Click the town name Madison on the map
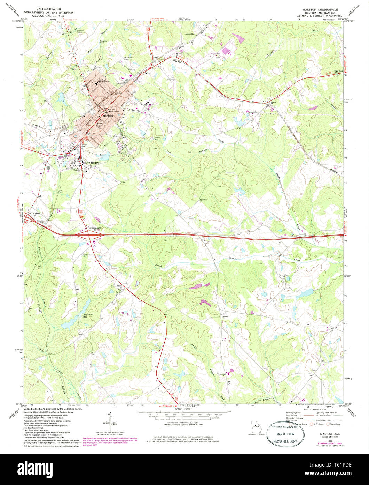108,115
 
